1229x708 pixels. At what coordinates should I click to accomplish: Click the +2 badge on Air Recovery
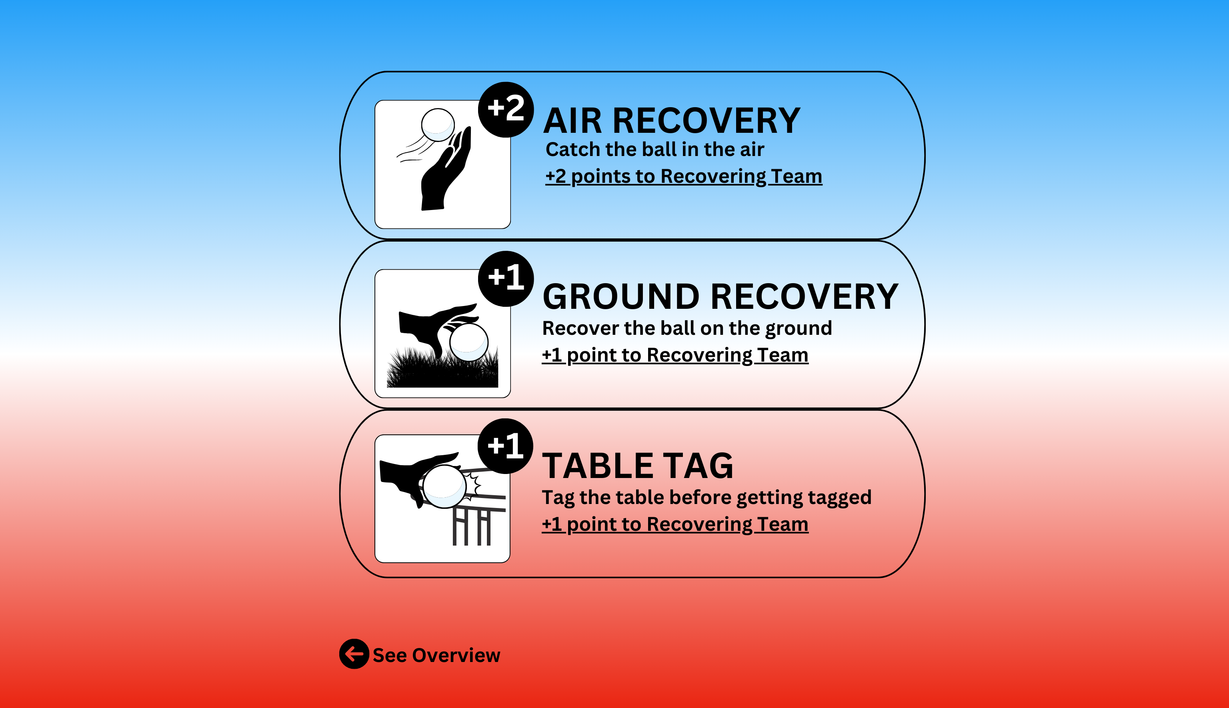[506, 110]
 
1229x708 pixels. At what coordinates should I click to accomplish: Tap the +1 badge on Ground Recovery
[506, 279]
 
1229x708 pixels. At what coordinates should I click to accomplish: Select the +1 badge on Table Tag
[505, 446]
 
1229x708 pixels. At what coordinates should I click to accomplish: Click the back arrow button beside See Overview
[354, 654]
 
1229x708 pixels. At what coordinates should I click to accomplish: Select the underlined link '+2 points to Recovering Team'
[684, 176]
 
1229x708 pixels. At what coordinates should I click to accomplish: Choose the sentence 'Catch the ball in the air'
[655, 149]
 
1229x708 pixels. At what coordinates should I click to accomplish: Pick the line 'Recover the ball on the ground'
[687, 329]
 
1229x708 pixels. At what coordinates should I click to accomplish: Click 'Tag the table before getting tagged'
[707, 498]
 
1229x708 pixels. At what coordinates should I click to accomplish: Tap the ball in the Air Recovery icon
[438, 125]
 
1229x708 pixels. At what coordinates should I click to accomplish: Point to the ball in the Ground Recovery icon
[469, 342]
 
